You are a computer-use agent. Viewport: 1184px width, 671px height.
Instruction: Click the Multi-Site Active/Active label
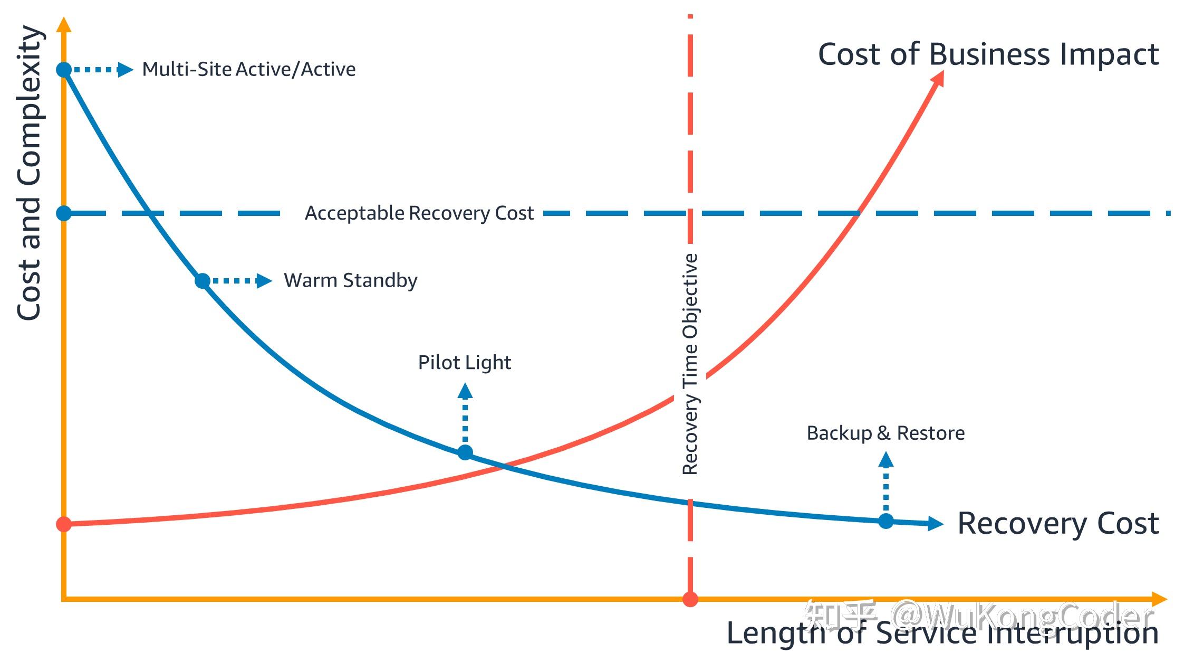(x=249, y=69)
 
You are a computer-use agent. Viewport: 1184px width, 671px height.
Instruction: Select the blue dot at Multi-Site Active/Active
(x=64, y=69)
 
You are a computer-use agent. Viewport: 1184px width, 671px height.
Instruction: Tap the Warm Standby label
(x=350, y=280)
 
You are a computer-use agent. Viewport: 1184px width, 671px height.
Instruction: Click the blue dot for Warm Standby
(x=203, y=281)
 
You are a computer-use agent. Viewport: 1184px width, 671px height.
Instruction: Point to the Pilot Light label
(x=464, y=363)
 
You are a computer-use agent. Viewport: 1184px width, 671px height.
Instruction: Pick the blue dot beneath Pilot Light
(x=465, y=452)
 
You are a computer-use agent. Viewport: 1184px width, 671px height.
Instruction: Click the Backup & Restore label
(x=885, y=433)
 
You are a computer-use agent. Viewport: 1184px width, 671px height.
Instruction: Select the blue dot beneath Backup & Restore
(x=886, y=521)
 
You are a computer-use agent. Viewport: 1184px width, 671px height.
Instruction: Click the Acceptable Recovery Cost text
(x=419, y=213)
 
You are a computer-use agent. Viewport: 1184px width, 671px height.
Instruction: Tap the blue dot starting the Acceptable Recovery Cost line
(x=64, y=213)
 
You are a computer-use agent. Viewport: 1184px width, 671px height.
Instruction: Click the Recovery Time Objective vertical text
(x=690, y=364)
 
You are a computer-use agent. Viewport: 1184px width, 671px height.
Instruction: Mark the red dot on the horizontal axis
(x=690, y=599)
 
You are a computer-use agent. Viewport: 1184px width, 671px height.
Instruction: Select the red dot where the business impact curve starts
(x=64, y=524)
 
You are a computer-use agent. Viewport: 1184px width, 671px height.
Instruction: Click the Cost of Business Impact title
(x=988, y=54)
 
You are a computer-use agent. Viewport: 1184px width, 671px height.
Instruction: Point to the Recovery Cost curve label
(x=1057, y=523)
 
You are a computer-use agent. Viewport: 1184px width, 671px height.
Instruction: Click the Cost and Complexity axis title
(x=30, y=173)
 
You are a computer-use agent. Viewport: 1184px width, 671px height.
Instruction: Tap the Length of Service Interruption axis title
(x=942, y=633)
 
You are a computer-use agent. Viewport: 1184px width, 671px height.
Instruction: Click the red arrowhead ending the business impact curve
(x=938, y=78)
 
